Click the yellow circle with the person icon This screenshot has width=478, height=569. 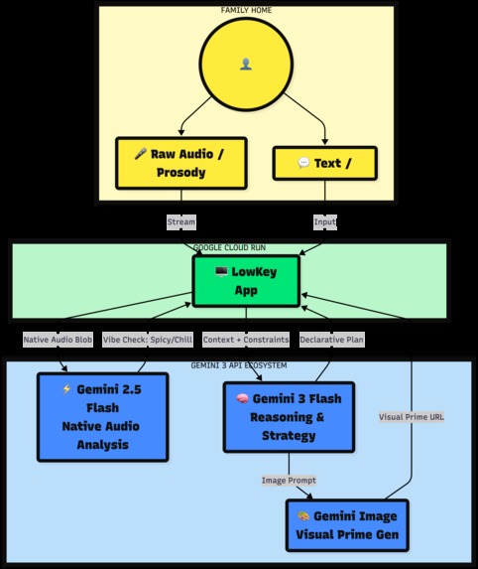point(246,64)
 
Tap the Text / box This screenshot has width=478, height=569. point(324,163)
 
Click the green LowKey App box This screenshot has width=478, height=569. point(246,280)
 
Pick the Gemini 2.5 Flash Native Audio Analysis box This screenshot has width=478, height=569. point(102,416)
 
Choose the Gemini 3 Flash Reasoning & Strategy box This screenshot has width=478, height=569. point(289,416)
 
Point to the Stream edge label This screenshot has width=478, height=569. point(181,221)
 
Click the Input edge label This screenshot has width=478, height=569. point(326,221)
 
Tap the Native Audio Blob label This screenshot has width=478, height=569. point(58,340)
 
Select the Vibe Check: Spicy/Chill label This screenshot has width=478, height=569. point(147,340)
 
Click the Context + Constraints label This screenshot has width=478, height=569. point(245,340)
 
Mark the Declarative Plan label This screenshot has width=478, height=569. point(331,340)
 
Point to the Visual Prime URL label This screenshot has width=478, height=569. point(412,417)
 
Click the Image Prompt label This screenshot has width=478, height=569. point(289,481)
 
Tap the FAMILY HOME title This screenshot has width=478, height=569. point(246,10)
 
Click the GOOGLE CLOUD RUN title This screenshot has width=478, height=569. point(229,247)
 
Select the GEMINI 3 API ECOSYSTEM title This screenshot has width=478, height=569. point(239,365)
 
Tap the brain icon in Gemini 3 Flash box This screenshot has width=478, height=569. point(240,398)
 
